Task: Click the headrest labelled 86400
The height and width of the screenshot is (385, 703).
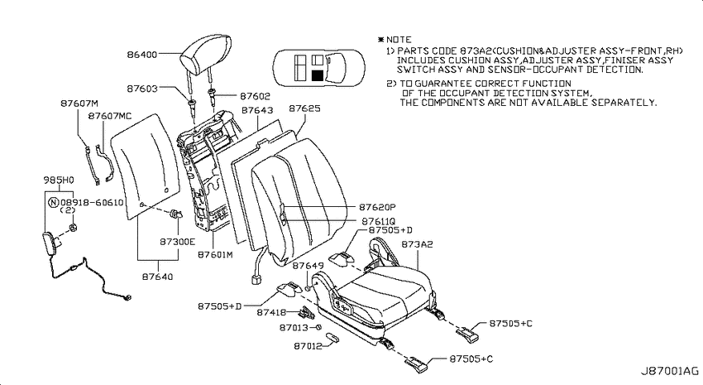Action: [x=206, y=56]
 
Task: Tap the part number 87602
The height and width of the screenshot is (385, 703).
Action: [x=255, y=96]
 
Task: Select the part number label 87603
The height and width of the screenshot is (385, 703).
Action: [x=142, y=89]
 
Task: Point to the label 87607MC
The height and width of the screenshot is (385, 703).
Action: [x=110, y=116]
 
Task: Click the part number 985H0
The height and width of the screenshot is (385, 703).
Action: [x=59, y=180]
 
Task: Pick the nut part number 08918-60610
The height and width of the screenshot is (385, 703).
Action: [x=92, y=202]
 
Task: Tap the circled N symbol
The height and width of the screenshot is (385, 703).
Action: [x=54, y=202]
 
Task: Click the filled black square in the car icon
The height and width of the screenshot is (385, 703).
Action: [x=318, y=75]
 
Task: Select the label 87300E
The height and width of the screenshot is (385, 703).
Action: [x=178, y=242]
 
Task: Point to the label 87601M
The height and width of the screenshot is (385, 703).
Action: [x=215, y=254]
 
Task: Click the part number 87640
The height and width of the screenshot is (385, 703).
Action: [x=157, y=277]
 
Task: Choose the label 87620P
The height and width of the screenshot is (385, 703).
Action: [x=377, y=207]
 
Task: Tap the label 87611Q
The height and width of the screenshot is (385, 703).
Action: [x=379, y=221]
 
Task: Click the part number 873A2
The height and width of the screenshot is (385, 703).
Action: [x=417, y=244]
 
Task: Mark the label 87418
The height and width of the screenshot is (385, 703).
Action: [x=272, y=312]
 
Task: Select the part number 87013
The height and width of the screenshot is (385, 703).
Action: [x=294, y=328]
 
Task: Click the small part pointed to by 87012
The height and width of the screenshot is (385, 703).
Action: [x=332, y=338]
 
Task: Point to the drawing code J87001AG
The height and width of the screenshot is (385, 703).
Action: [x=669, y=371]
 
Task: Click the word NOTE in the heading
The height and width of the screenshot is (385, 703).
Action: [x=399, y=40]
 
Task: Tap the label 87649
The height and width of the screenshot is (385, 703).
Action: [x=308, y=266]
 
